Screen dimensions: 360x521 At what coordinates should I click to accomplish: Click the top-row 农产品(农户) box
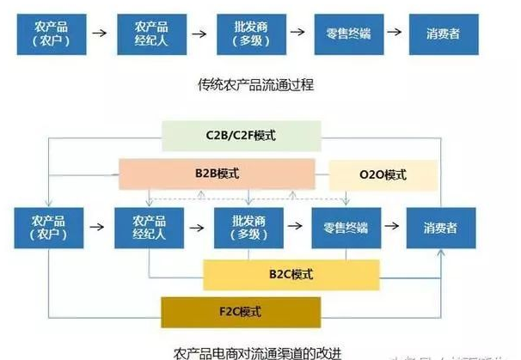pos(50,33)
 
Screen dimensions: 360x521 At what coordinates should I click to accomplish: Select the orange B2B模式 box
pos(217,174)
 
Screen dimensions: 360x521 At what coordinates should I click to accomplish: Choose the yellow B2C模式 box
pos(290,274)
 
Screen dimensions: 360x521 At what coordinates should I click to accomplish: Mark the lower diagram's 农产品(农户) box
pos(48,229)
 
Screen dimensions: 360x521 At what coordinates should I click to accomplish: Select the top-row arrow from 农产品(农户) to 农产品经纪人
pos(99,33)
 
